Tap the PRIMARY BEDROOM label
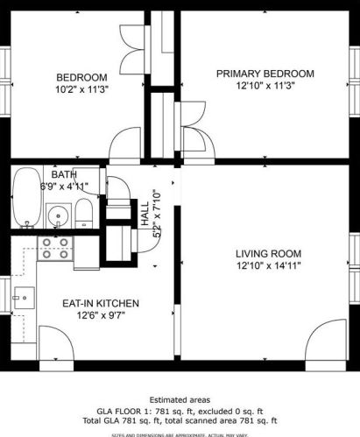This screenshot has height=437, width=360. click(x=265, y=73)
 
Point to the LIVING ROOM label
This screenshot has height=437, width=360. click(x=265, y=254)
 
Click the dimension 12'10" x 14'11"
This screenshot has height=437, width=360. click(x=265, y=267)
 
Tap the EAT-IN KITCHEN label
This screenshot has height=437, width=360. click(x=100, y=303)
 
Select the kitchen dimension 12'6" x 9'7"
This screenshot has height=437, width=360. click(x=100, y=316)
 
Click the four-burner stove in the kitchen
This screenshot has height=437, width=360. click(x=57, y=250)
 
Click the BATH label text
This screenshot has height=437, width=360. click(x=63, y=174)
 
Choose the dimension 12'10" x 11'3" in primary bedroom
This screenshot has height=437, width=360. click(x=265, y=86)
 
